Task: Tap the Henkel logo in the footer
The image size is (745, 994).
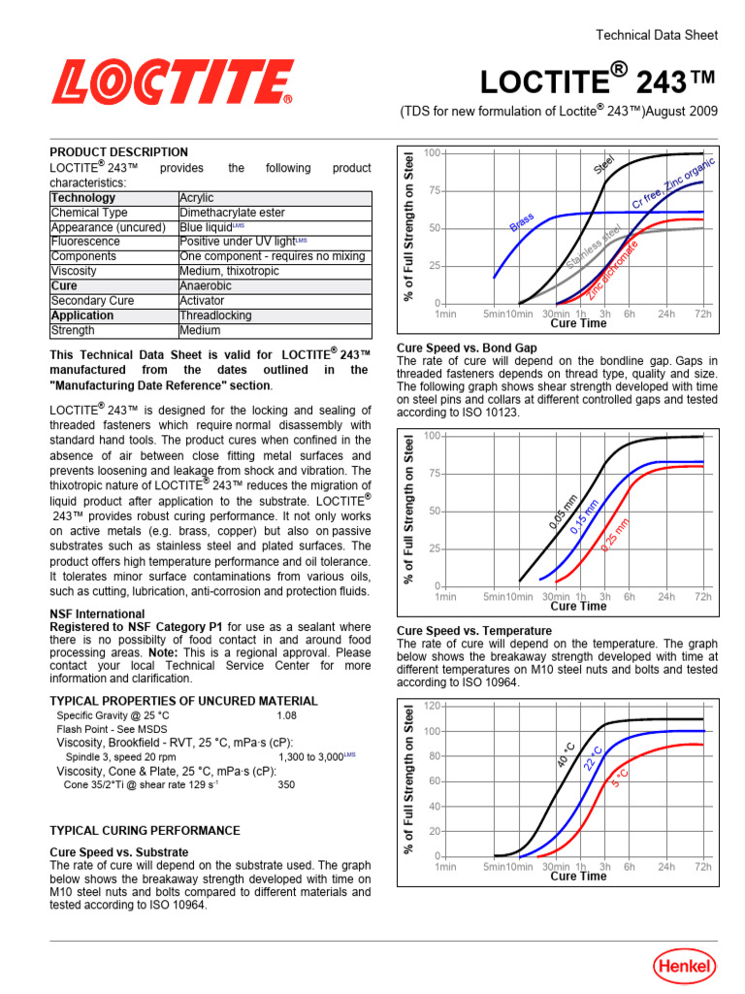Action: [x=684, y=966]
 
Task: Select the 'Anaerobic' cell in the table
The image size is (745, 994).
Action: [x=207, y=286]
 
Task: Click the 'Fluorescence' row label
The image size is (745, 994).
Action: [x=85, y=242]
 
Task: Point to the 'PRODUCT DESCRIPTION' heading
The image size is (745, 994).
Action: [x=118, y=152]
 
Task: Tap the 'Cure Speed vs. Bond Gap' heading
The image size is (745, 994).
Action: [x=467, y=348]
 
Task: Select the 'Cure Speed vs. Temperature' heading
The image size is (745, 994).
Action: [x=474, y=631]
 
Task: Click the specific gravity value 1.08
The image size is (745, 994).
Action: [x=286, y=715]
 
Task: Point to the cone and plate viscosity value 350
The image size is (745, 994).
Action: [x=287, y=783]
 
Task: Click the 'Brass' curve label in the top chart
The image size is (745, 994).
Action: [x=523, y=222]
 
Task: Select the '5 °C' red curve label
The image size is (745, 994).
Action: [x=620, y=773]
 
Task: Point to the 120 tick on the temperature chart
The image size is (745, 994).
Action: [x=432, y=706]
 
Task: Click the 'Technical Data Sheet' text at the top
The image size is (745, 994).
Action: [x=656, y=35]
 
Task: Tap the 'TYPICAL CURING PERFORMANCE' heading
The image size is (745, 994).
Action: [x=145, y=831]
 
